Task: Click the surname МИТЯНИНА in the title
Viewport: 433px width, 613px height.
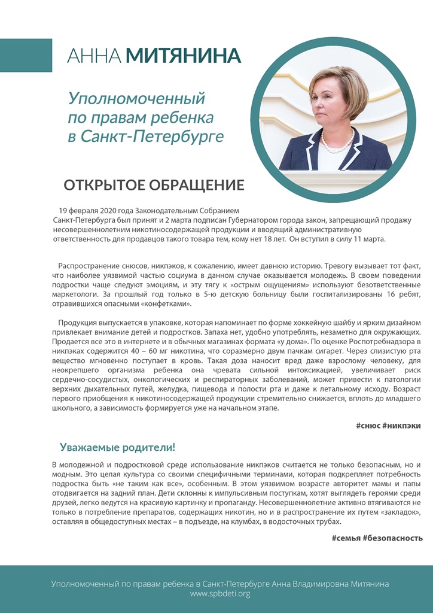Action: click(183, 56)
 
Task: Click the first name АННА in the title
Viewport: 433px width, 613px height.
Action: click(94, 56)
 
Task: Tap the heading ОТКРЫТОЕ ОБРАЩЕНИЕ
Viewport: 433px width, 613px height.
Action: click(154, 185)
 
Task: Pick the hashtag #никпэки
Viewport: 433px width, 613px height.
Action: click(404, 425)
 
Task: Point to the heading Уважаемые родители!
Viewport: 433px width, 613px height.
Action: click(117, 448)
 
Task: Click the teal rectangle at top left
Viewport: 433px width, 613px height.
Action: click(26, 55)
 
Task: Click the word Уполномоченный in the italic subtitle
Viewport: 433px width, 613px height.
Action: click(136, 97)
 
